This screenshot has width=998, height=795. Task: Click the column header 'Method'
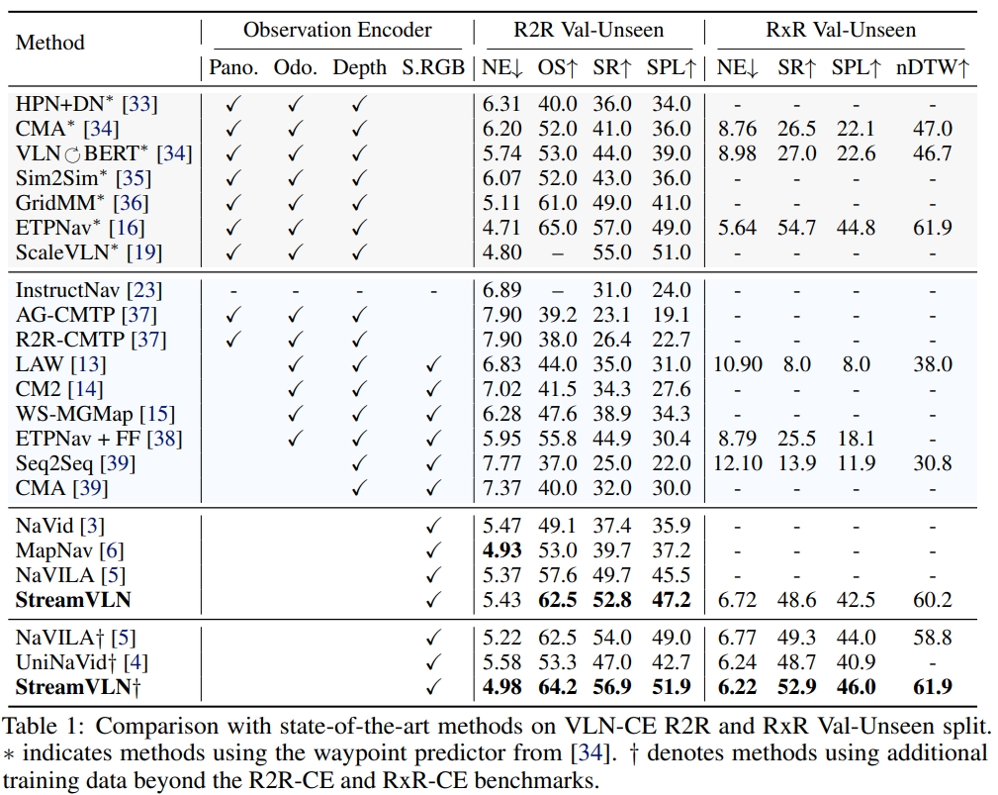coord(50,43)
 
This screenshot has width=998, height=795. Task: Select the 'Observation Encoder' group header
coord(337,30)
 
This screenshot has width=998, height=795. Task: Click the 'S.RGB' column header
coord(431,68)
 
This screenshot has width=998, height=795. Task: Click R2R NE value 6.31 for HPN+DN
coord(501,104)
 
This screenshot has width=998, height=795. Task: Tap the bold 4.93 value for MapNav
coord(501,549)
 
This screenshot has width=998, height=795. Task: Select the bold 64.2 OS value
coord(558,685)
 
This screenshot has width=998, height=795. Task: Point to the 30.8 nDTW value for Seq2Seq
coord(933,463)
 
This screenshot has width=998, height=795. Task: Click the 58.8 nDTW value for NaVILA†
coord(933,637)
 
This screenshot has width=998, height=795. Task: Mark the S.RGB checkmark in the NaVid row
coord(431,526)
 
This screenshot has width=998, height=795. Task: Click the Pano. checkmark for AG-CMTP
coord(233,316)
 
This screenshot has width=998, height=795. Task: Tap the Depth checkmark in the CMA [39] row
coord(359,488)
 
